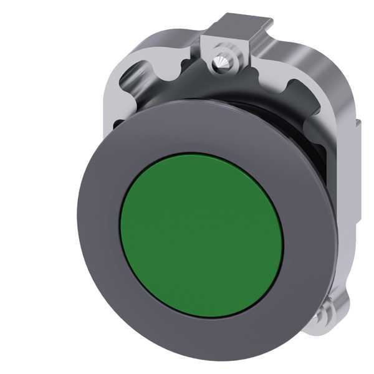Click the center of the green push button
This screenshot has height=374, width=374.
[201, 233]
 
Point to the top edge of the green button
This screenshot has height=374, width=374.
[201, 155]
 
